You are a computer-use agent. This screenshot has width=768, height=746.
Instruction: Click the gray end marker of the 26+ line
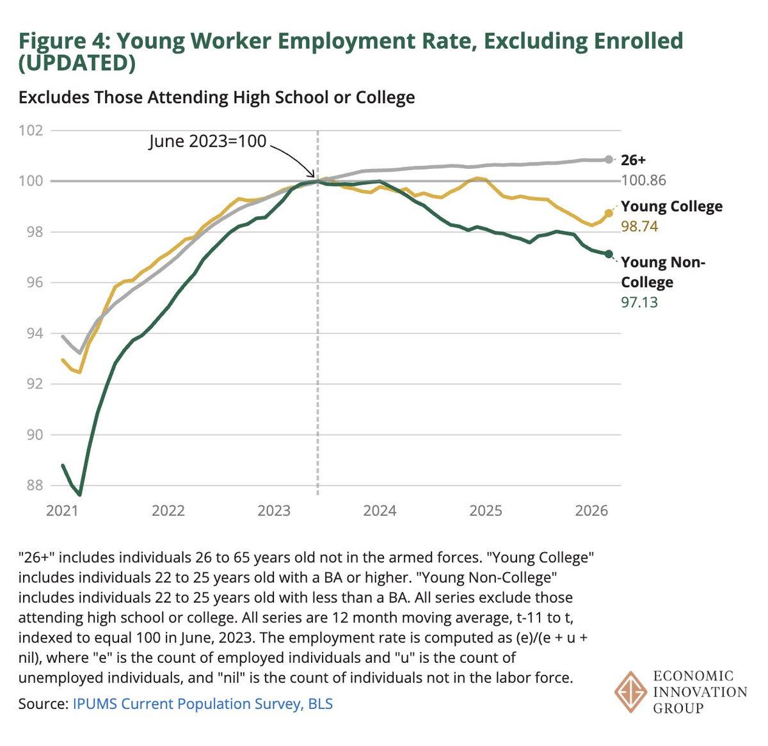click(x=608, y=159)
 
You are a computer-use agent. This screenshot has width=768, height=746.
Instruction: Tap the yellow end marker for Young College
click(x=609, y=213)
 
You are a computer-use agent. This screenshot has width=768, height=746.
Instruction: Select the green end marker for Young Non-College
click(x=609, y=254)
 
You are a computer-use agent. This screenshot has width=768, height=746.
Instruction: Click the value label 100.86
click(x=643, y=180)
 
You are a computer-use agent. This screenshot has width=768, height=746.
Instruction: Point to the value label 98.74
click(x=639, y=226)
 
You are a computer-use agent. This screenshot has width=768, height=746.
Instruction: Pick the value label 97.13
click(x=639, y=302)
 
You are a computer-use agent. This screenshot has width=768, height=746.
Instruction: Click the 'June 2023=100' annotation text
click(x=207, y=141)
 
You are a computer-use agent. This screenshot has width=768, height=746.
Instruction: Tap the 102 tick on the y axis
click(x=31, y=131)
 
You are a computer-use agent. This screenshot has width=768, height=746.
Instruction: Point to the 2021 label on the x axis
click(x=62, y=511)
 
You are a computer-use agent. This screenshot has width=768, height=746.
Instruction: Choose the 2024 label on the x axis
click(x=380, y=511)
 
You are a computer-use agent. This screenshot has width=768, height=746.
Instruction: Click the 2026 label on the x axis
click(x=591, y=511)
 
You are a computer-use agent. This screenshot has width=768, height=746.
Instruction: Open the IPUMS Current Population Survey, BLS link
click(x=202, y=704)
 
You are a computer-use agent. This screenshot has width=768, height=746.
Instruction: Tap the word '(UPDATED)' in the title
click(x=77, y=63)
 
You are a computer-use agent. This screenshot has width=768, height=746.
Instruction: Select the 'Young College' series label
click(x=671, y=207)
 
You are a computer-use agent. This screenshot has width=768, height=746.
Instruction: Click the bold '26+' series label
click(x=633, y=160)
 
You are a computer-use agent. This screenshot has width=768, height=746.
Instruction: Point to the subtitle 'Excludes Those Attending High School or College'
click(x=216, y=97)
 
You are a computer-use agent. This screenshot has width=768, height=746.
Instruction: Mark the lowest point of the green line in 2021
click(x=79, y=495)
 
